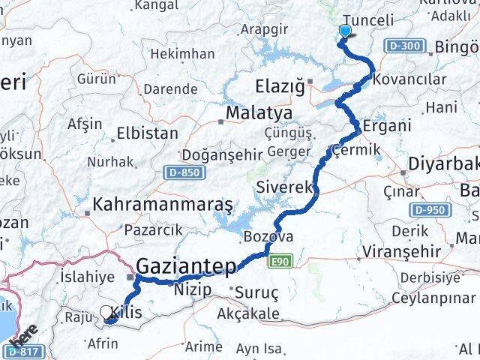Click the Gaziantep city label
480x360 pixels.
186,265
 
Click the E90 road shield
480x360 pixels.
279,260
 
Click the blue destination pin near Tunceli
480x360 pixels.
345,31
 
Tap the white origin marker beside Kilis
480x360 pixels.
106,312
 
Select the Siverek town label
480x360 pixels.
283,187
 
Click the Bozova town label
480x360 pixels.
267,237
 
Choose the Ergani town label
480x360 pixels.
387,125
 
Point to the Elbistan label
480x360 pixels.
147,133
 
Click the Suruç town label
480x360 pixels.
256,292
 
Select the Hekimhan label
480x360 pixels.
182,54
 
